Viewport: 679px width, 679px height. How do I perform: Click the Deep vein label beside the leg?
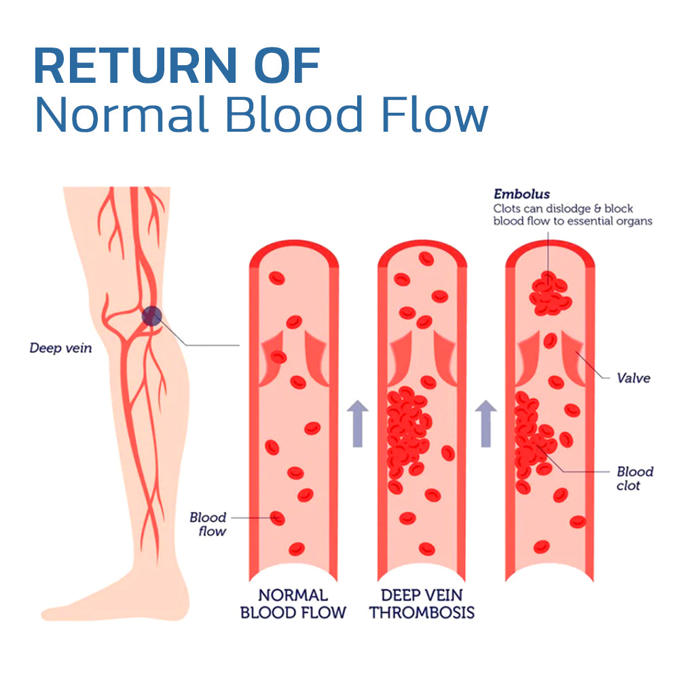pyautogui.click(x=60, y=348)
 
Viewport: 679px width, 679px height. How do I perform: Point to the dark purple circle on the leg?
pyautogui.click(x=151, y=316)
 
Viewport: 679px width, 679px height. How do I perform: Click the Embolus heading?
pyautogui.click(x=521, y=195)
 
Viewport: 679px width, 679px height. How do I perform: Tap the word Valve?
pyautogui.click(x=633, y=378)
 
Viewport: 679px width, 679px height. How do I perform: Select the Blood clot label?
pyautogui.click(x=634, y=479)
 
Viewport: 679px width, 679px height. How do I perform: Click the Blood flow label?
pyautogui.click(x=208, y=524)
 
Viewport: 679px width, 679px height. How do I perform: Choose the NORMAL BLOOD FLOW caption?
pyautogui.click(x=293, y=604)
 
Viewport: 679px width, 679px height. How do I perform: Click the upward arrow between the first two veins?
pyautogui.click(x=359, y=423)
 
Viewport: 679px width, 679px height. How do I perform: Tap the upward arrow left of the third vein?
pyautogui.click(x=486, y=423)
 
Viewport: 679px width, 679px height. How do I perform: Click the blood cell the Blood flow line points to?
pyautogui.click(x=277, y=518)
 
